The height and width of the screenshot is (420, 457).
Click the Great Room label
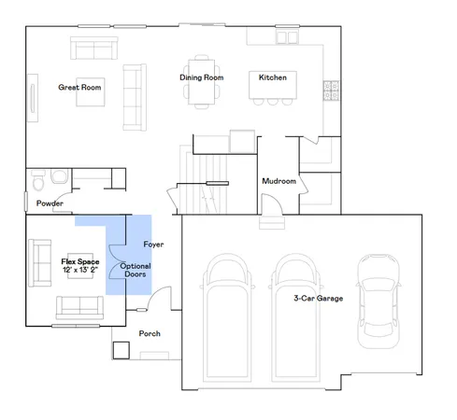tap(79, 86)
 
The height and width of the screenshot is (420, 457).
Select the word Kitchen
tap(272, 77)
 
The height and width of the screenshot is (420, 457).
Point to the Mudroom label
tap(278, 180)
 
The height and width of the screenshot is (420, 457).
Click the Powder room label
tap(50, 203)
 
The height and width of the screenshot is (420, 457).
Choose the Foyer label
tap(153, 245)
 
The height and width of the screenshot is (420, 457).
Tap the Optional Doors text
tap(135, 271)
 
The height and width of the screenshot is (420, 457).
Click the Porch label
tap(150, 333)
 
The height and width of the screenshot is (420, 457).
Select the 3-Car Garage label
tap(318, 298)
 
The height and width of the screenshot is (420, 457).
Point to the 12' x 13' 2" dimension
tap(79, 270)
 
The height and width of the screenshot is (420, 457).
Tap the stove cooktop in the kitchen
tap(331, 91)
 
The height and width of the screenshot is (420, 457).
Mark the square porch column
tap(121, 350)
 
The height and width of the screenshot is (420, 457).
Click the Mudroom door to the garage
tap(269, 207)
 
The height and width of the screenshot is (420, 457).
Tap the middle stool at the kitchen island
tap(271, 101)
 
